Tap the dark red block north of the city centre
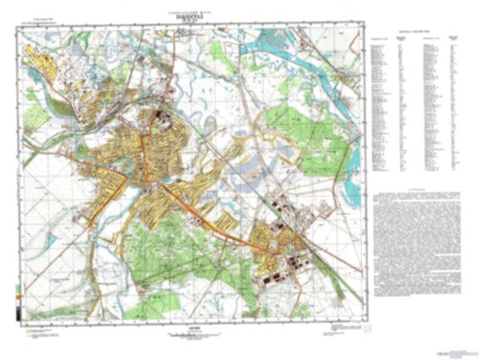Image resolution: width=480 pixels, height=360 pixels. pyautogui.click(x=159, y=116)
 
